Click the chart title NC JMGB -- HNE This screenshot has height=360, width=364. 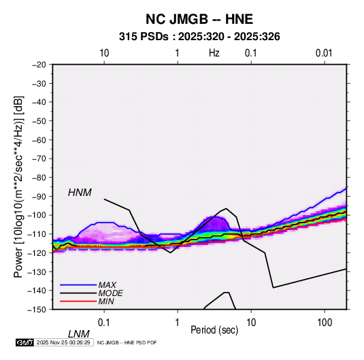click(x=199, y=19)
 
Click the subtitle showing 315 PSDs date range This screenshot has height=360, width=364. click(x=199, y=37)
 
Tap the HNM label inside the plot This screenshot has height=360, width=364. click(x=80, y=193)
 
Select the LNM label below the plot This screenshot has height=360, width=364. click(x=78, y=334)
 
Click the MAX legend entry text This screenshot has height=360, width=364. click(x=107, y=284)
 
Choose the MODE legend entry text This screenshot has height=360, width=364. click(x=110, y=293)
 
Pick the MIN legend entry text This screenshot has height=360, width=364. click(x=106, y=301)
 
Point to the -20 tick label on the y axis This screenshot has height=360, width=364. click(x=39, y=65)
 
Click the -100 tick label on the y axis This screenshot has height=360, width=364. click(x=37, y=215)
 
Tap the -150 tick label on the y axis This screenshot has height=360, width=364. click(x=37, y=310)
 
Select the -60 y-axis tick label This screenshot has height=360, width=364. click(x=39, y=140)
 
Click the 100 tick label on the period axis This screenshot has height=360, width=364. click(x=325, y=323)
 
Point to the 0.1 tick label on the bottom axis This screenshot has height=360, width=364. click(x=104, y=323)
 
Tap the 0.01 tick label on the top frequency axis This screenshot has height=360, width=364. click(x=324, y=53)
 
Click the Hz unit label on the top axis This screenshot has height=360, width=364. click(x=214, y=53)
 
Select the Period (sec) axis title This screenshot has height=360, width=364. click(x=214, y=330)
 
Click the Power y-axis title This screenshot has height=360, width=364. click(x=18, y=186)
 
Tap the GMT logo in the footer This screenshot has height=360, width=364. click(x=25, y=342)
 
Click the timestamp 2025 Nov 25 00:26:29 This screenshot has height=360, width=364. click(x=63, y=342)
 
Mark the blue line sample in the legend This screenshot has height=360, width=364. click(x=78, y=285)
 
